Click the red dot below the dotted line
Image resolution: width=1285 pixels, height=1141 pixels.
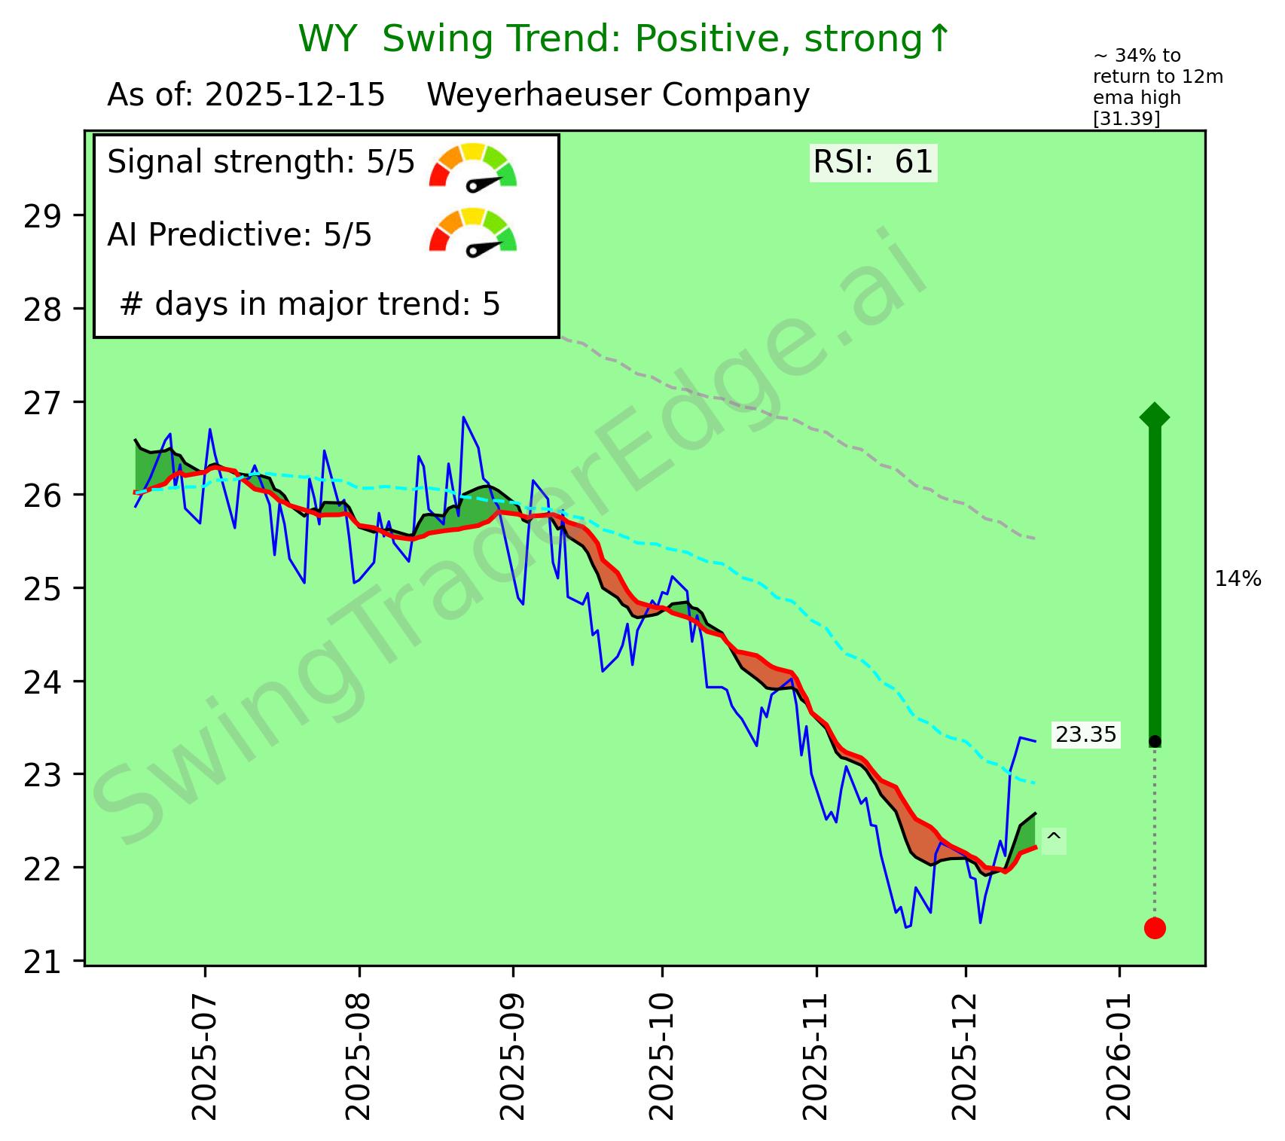pos(1155,928)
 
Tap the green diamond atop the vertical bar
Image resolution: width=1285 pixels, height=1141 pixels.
pos(1155,416)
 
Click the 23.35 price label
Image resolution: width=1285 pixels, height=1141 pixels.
pos(1085,734)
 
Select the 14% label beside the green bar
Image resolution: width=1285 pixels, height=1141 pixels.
pos(1238,579)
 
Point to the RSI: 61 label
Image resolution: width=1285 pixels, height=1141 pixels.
pos(873,163)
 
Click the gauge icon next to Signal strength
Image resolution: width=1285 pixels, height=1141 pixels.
pos(473,166)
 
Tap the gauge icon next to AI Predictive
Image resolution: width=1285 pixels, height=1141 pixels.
pos(473,230)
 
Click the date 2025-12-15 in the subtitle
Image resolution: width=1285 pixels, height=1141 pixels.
pos(295,96)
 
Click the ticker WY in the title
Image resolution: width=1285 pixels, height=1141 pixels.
pos(327,39)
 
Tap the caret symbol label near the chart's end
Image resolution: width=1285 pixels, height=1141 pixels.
pos(1054,839)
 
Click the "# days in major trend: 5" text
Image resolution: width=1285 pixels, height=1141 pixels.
pos(310,305)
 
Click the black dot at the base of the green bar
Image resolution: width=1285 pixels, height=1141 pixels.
pos(1155,742)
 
